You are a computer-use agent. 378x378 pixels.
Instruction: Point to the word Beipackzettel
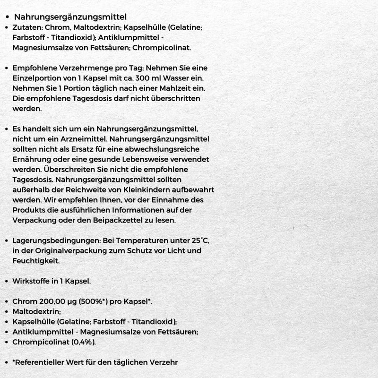pos(140,221)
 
